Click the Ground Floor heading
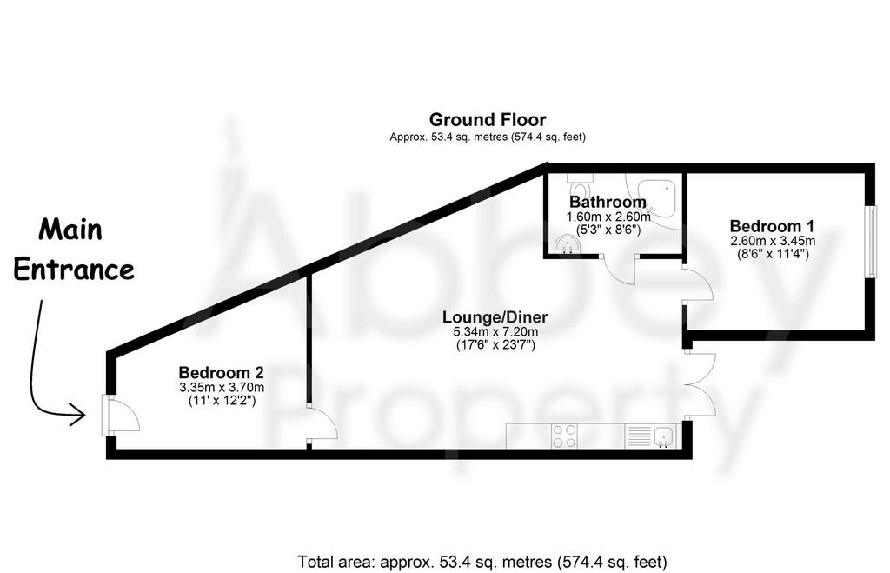(x=488, y=120)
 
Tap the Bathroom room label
(x=608, y=202)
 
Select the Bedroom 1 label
(x=772, y=226)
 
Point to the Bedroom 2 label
(x=222, y=372)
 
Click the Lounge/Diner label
(x=495, y=316)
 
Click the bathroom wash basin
(x=566, y=244)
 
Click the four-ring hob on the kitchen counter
(x=565, y=436)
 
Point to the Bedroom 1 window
(x=871, y=242)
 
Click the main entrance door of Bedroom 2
(x=120, y=415)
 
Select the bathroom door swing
(x=620, y=271)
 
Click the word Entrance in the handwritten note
(x=74, y=270)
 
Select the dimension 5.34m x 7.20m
(x=495, y=332)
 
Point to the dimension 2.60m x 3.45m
(x=773, y=241)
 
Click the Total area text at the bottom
(x=482, y=563)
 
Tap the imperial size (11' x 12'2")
(x=222, y=400)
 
